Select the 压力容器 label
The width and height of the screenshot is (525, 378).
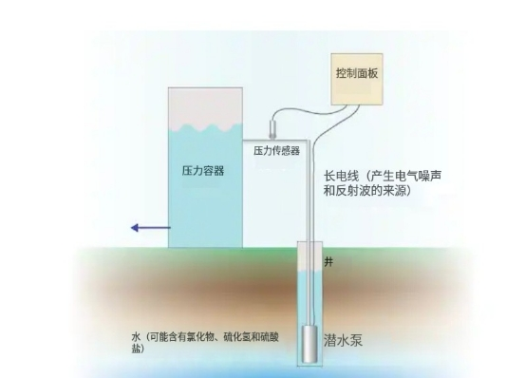click(203, 171)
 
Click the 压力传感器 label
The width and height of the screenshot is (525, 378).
click(276, 150)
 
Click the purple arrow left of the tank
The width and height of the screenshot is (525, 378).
click(147, 227)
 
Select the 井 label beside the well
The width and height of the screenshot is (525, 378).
click(329, 260)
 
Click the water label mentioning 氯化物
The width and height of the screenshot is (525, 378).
click(209, 337)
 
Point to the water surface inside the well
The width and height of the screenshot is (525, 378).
click(310, 272)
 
